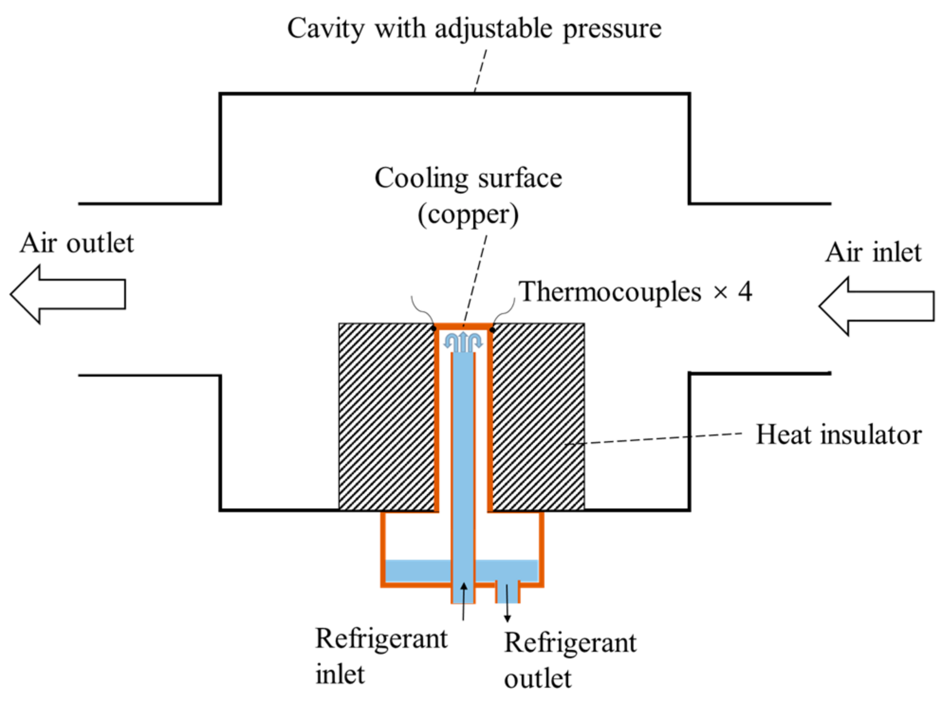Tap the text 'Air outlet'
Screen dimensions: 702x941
[x=77, y=244]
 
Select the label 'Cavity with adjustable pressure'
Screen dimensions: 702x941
[x=474, y=28]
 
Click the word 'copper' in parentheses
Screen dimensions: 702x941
[x=468, y=214]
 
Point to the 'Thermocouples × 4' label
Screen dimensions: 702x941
[x=635, y=291]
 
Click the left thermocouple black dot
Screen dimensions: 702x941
[x=434, y=328]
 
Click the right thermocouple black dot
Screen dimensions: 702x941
[x=492, y=329]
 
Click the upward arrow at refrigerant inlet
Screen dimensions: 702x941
[x=464, y=600]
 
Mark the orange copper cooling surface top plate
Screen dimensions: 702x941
[x=463, y=326]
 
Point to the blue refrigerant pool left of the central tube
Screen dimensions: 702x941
[x=417, y=571]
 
